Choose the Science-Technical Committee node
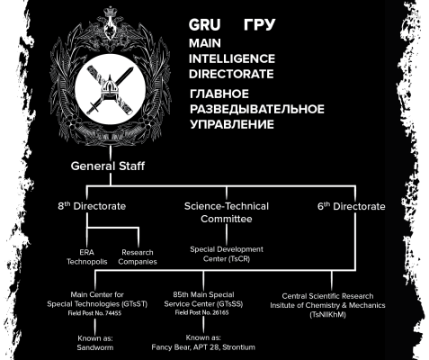(225, 211)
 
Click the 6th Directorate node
(351, 206)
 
